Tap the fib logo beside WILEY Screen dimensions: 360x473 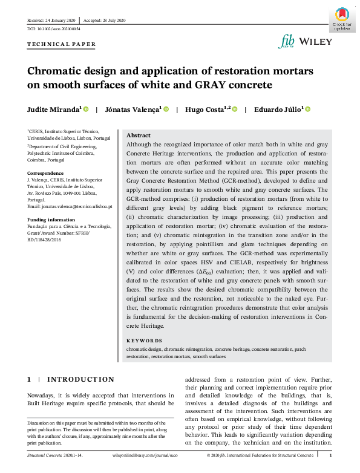pos(286,41)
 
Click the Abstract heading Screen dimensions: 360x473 pos(139,135)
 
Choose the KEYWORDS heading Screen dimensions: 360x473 pos(145,341)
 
